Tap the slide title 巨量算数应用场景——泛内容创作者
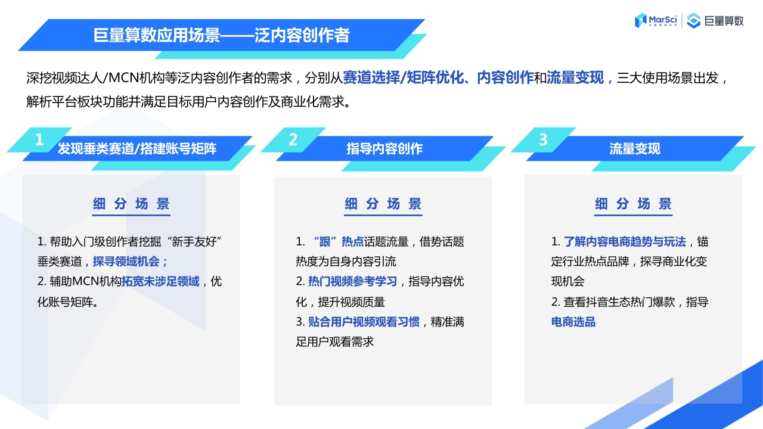click(x=221, y=35)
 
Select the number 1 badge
click(x=39, y=140)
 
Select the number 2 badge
click(x=293, y=140)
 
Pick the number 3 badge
click(x=543, y=140)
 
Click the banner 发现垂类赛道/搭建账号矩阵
click(x=137, y=149)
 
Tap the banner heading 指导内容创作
click(x=384, y=149)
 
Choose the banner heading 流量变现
click(x=635, y=149)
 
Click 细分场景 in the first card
click(x=131, y=204)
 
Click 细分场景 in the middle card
click(x=383, y=204)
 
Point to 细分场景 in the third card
click(x=633, y=204)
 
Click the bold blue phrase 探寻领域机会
click(x=128, y=262)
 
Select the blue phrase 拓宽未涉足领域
click(x=160, y=282)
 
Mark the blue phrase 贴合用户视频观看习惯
click(x=364, y=322)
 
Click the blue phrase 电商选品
click(x=573, y=322)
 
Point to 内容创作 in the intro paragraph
click(x=505, y=78)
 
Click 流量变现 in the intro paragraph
click(x=575, y=78)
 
